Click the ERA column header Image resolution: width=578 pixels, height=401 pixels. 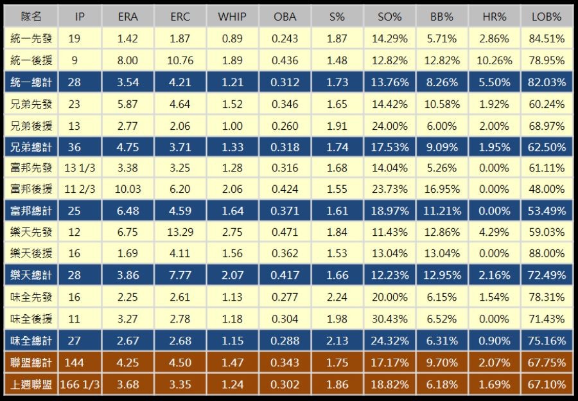pyautogui.click(x=128, y=17)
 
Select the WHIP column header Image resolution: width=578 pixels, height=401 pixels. pyautogui.click(x=232, y=17)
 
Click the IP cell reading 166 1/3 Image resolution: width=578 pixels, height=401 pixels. pyautogui.click(x=80, y=384)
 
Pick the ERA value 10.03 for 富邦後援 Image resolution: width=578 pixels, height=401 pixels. pyautogui.click(x=128, y=190)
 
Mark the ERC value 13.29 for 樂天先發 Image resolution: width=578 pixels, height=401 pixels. pyautogui.click(x=180, y=233)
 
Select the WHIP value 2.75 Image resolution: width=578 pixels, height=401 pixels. pyautogui.click(x=232, y=233)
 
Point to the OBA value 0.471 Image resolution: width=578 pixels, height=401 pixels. pyautogui.click(x=285, y=233)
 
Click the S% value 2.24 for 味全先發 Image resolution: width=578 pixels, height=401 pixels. pyautogui.click(x=337, y=298)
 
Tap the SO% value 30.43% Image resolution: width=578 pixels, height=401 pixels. pyautogui.click(x=389, y=319)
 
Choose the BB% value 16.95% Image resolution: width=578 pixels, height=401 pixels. pyautogui.click(x=442, y=190)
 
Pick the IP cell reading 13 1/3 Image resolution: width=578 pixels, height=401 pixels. pyautogui.click(x=79, y=168)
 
